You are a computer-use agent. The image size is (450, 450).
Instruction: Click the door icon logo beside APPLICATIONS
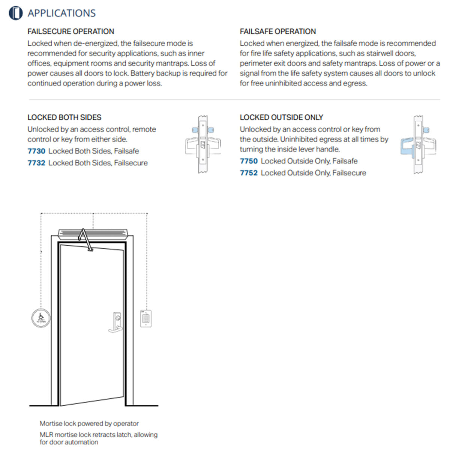[16, 13]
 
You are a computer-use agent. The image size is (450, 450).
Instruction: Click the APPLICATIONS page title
[61, 13]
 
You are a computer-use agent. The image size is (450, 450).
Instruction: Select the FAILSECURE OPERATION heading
[71, 31]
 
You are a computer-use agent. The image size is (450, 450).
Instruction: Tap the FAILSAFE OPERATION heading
[278, 31]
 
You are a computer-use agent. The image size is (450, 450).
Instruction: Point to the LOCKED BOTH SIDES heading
[64, 117]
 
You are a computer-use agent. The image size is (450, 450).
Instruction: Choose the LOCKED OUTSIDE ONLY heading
[281, 117]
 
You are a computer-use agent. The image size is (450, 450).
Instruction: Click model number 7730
[36, 151]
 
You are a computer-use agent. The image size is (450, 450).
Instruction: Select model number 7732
[36, 163]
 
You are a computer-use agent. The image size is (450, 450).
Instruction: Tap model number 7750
[249, 161]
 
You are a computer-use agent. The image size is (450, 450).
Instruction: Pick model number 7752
[249, 173]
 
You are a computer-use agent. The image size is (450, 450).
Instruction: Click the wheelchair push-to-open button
[41, 318]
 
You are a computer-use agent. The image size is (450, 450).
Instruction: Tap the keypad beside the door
[146, 318]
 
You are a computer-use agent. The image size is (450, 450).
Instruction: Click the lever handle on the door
[116, 329]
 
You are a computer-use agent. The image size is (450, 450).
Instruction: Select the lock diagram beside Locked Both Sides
[203, 144]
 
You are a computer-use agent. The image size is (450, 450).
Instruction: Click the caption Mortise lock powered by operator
[89, 423]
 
